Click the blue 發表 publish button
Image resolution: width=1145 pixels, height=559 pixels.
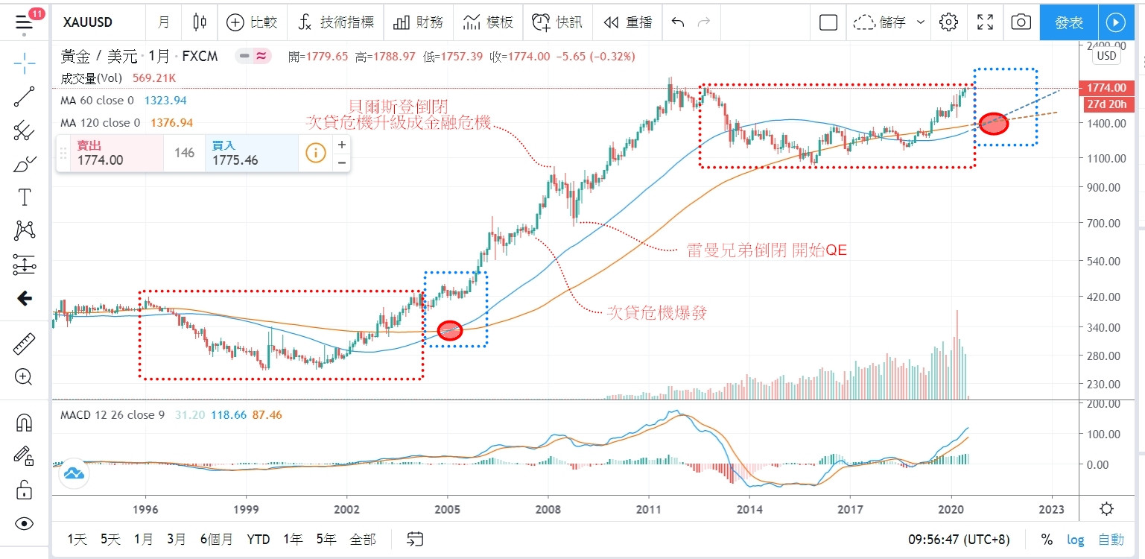point(1070,22)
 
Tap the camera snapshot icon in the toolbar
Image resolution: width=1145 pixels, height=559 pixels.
point(1021,22)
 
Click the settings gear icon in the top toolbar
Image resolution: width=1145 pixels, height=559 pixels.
point(948,22)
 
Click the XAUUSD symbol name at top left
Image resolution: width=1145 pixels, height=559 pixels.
point(88,22)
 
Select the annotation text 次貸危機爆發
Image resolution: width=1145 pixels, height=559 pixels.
point(656,314)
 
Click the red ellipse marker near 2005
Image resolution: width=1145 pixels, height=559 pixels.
point(450,331)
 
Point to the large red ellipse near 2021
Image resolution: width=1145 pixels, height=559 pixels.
point(994,124)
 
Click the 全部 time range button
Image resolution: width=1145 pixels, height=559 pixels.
point(362,539)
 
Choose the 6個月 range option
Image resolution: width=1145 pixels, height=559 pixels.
point(216,539)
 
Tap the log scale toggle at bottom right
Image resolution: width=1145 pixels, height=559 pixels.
point(1075,539)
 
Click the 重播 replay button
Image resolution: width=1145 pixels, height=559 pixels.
point(629,22)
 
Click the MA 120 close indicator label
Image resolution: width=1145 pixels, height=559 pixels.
point(101,122)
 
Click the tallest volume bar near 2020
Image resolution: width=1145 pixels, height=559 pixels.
point(957,354)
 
